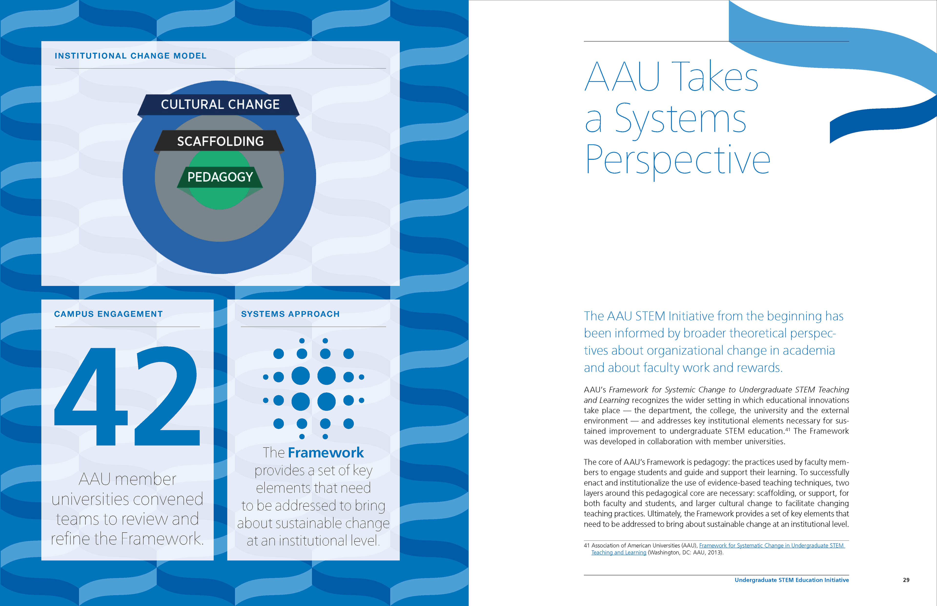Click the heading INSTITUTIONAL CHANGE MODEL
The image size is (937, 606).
click(130, 56)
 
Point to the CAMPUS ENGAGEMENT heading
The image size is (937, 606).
click(108, 314)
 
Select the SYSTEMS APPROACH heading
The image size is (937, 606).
click(290, 314)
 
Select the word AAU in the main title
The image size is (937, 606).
click(622, 77)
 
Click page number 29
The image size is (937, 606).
click(906, 580)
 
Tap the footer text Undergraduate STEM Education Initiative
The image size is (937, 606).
click(791, 580)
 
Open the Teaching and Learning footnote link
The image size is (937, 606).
click(619, 553)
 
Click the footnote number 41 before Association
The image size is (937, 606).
click(587, 545)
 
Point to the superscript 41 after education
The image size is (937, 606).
click(788, 429)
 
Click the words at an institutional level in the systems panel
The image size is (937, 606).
click(313, 541)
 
